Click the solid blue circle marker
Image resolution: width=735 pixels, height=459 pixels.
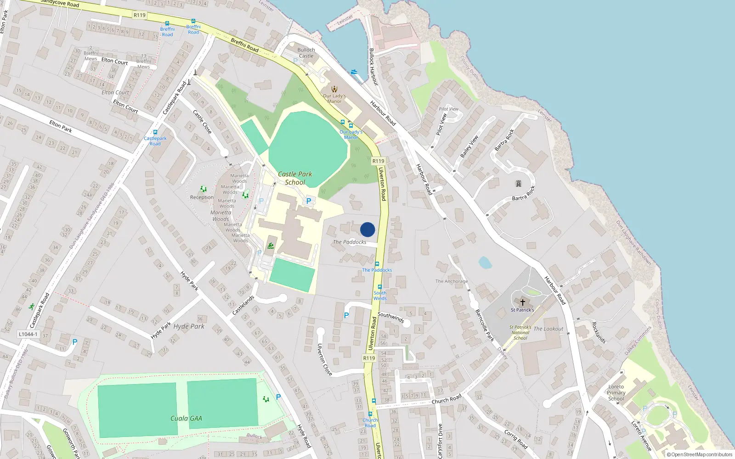pyautogui.click(x=367, y=229)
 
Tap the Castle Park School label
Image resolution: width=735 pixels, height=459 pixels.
pyautogui.click(x=295, y=178)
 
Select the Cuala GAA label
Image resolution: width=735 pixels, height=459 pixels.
pyautogui.click(x=186, y=418)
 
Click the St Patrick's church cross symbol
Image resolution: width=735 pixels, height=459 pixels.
pyautogui.click(x=522, y=302)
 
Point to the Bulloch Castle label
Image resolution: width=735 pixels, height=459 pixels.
pyautogui.click(x=306, y=53)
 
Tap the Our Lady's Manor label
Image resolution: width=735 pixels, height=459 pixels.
pyautogui.click(x=334, y=99)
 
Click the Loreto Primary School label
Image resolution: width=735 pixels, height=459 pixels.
pyautogui.click(x=616, y=392)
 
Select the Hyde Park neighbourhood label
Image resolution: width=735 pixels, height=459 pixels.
pyautogui.click(x=189, y=326)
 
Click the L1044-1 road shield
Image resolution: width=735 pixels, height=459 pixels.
pyautogui.click(x=28, y=334)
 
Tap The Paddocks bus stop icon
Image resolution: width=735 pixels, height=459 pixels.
pyautogui.click(x=377, y=264)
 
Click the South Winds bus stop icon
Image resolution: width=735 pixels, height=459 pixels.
pyautogui.click(x=380, y=287)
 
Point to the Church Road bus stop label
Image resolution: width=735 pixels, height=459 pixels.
pyautogui.click(x=370, y=423)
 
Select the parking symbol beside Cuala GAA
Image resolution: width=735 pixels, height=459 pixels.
pyautogui.click(x=278, y=397)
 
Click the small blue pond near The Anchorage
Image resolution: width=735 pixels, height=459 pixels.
pyautogui.click(x=485, y=263)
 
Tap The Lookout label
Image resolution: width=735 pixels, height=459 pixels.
pyautogui.click(x=548, y=329)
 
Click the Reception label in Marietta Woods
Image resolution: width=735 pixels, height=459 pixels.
pyautogui.click(x=202, y=197)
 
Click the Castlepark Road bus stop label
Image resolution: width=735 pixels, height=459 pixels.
pyautogui.click(x=155, y=141)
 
